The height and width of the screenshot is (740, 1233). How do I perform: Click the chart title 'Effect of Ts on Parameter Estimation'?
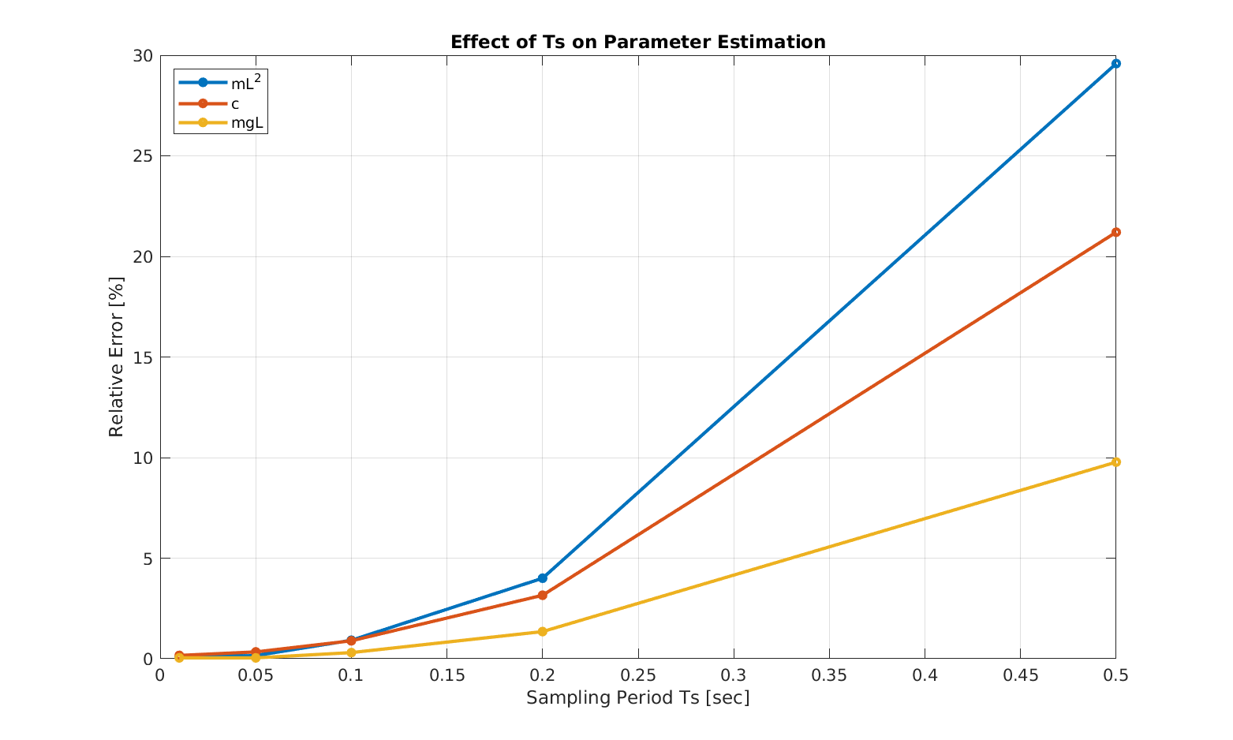pyautogui.click(x=637, y=42)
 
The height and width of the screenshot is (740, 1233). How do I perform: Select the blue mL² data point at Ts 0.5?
pyautogui.click(x=1115, y=64)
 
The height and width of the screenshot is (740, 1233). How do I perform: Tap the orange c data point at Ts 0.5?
pyautogui.click(x=1115, y=232)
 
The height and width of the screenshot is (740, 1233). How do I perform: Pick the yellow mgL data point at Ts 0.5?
pyautogui.click(x=1115, y=462)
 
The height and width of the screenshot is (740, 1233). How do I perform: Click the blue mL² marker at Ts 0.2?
pyautogui.click(x=542, y=578)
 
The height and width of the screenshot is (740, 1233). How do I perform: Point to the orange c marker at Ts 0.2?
pyautogui.click(x=542, y=595)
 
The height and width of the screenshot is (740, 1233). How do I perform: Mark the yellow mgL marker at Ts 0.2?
pyautogui.click(x=542, y=631)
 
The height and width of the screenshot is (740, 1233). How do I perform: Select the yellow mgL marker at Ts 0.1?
pyautogui.click(x=351, y=652)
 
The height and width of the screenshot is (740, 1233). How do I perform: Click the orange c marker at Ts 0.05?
pyautogui.click(x=256, y=652)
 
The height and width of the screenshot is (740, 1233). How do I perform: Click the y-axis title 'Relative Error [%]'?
pyautogui.click(x=117, y=357)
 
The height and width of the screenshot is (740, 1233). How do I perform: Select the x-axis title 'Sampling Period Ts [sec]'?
pyautogui.click(x=637, y=698)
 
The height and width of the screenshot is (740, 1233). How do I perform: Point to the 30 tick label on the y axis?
pyautogui.click(x=143, y=56)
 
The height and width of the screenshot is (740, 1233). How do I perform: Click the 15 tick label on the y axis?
pyautogui.click(x=143, y=357)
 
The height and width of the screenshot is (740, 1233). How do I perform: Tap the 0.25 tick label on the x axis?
pyautogui.click(x=637, y=675)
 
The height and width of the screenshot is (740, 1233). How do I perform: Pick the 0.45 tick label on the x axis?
pyautogui.click(x=1020, y=675)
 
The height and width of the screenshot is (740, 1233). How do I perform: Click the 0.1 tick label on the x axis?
pyautogui.click(x=351, y=675)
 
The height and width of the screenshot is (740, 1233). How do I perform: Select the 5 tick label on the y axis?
pyautogui.click(x=148, y=559)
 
